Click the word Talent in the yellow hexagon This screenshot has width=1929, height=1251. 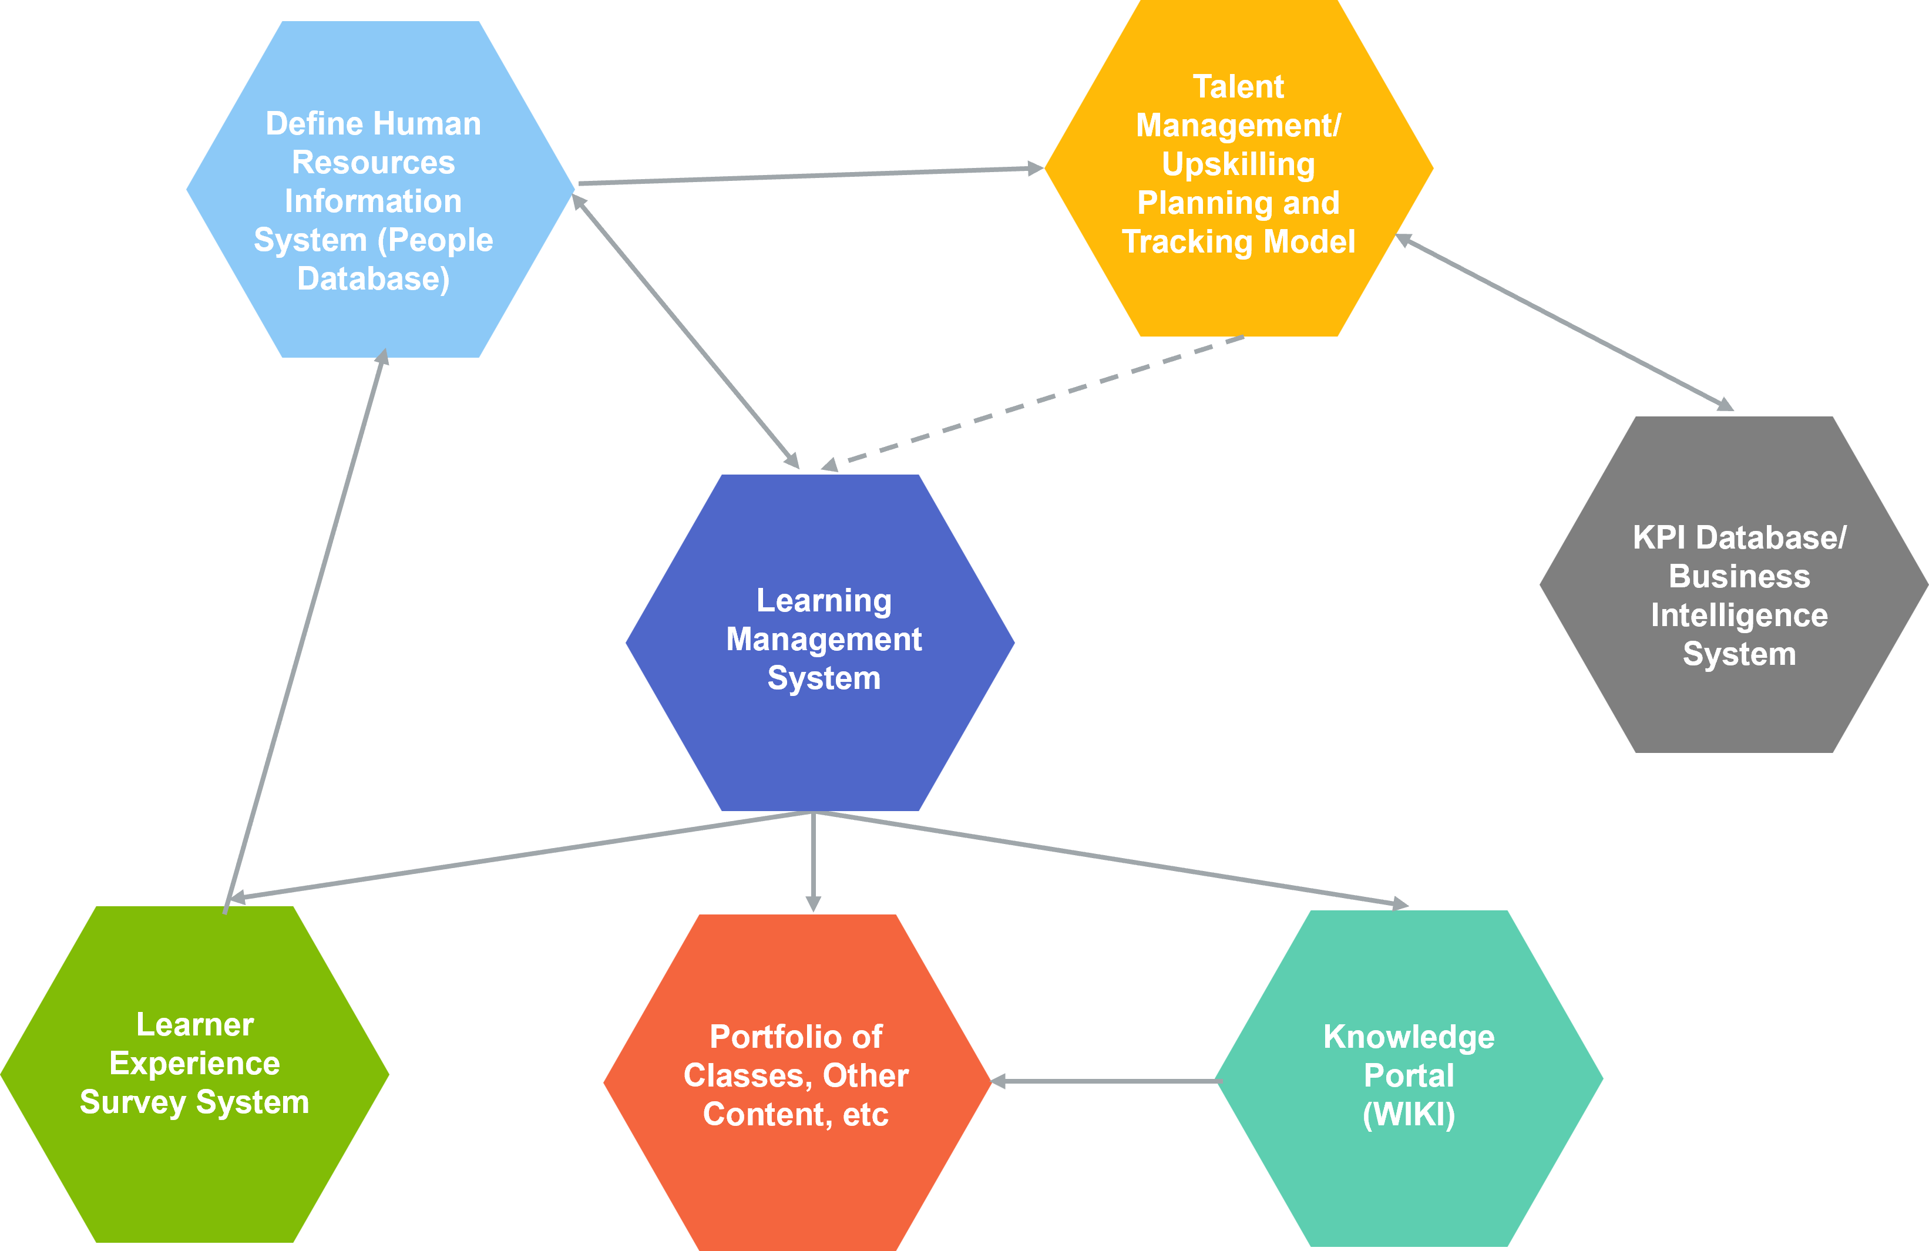click(x=1238, y=87)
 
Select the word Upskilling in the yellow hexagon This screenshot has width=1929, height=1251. click(x=1238, y=164)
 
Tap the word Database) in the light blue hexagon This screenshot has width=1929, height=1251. click(x=373, y=279)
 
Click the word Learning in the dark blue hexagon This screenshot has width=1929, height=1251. click(x=824, y=600)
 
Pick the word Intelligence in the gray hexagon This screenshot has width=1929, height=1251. click(x=1739, y=616)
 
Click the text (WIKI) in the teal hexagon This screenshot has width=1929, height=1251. click(x=1409, y=1115)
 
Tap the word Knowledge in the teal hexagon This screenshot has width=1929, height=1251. click(x=1409, y=1037)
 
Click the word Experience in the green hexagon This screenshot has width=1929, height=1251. click(x=194, y=1063)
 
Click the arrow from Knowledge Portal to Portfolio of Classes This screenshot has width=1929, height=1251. click(x=1106, y=1081)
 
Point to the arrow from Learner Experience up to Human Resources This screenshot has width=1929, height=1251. click(x=304, y=632)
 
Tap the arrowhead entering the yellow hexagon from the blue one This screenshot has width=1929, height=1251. click(x=1035, y=169)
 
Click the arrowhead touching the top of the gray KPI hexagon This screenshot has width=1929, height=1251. click(x=1725, y=404)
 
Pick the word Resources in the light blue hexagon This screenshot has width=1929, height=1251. click(x=373, y=163)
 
